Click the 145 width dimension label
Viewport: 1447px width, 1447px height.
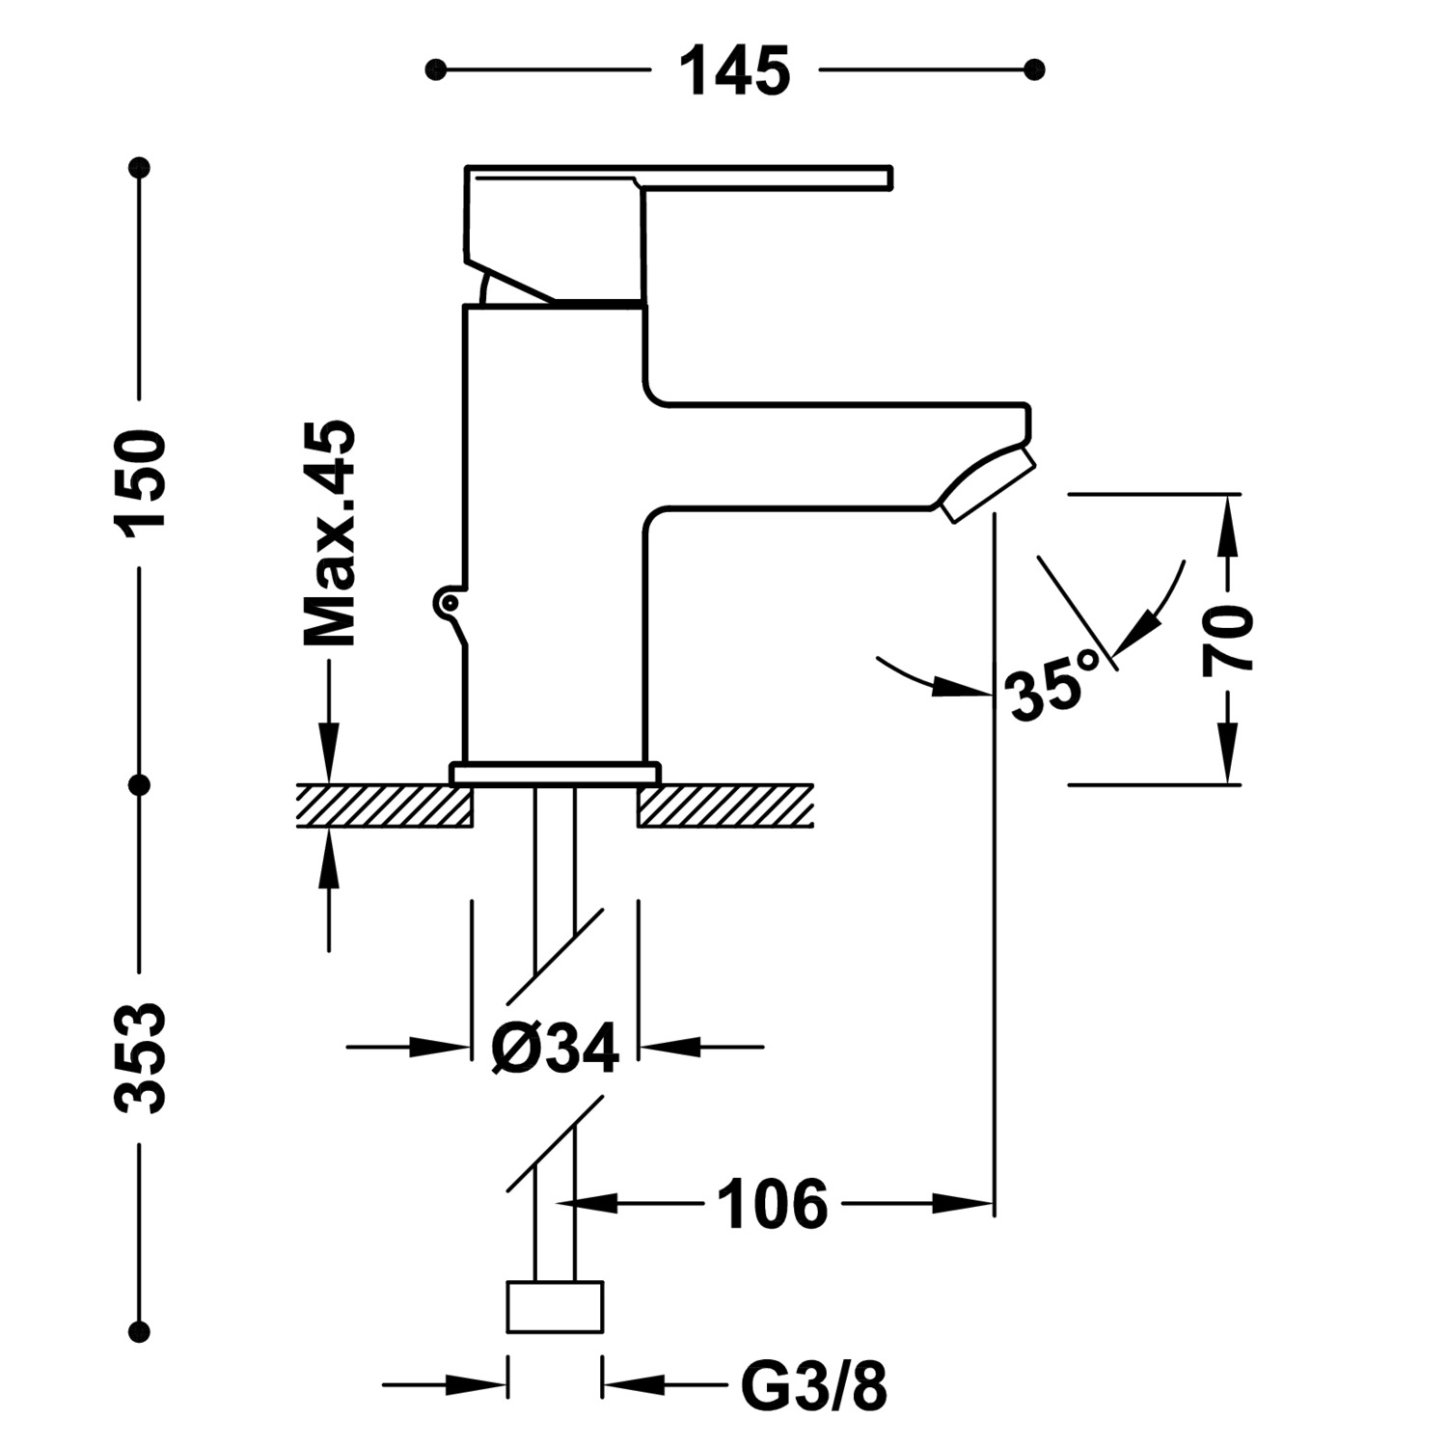point(735,71)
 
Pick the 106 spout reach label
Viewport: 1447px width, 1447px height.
point(773,1204)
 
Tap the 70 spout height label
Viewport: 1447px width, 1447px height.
point(1227,639)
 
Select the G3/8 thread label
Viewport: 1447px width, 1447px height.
point(813,1387)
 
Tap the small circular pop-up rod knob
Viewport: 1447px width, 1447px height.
point(447,602)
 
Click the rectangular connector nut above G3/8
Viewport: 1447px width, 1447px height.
point(555,1306)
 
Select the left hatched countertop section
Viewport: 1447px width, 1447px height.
point(384,805)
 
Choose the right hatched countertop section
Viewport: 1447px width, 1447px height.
point(724,805)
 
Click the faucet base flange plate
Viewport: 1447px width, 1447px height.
point(556,773)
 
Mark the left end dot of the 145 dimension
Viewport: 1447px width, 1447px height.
point(436,69)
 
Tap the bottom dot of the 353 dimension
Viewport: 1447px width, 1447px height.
point(141,1332)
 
